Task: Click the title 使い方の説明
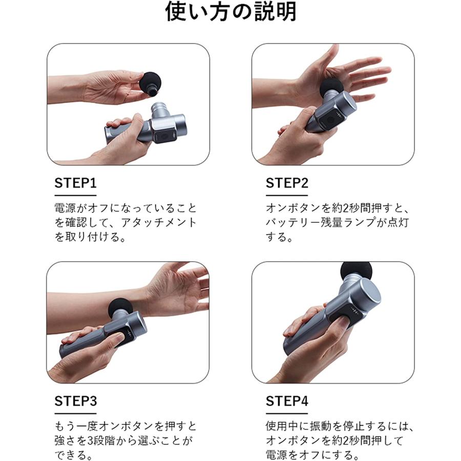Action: point(230,13)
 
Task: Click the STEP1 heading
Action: point(75,183)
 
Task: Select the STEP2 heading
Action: point(287,183)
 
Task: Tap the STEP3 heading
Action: point(75,401)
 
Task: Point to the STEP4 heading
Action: point(287,401)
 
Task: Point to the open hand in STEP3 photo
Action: point(179,287)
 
